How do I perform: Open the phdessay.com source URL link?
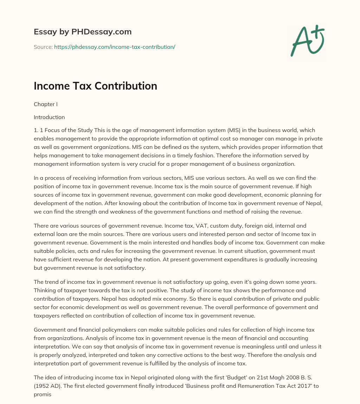point(115,47)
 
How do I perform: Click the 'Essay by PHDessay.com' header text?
point(83,32)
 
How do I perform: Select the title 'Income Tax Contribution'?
point(95,86)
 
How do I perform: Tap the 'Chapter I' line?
point(45,104)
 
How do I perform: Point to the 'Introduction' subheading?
point(49,117)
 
